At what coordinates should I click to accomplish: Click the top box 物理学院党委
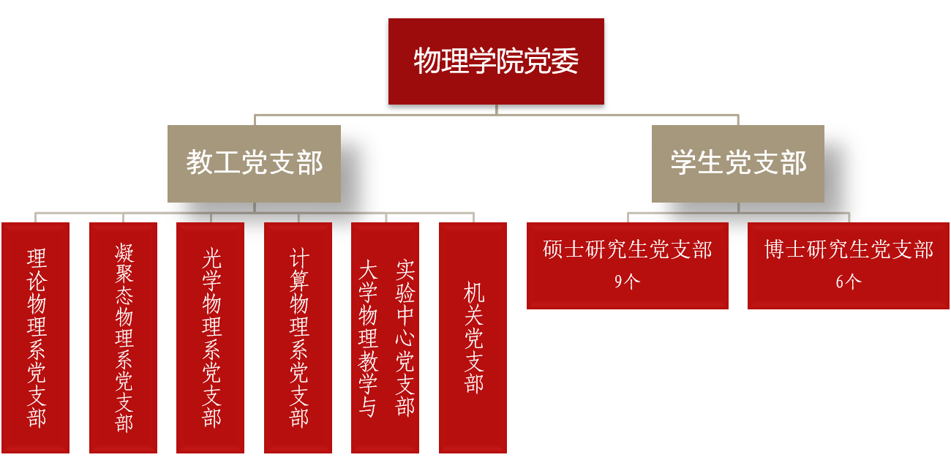click(x=496, y=61)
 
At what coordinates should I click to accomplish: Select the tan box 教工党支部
click(x=254, y=163)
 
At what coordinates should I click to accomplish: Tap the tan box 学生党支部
click(x=738, y=163)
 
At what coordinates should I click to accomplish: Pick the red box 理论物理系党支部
click(x=36, y=337)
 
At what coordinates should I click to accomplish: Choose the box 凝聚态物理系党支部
click(x=124, y=337)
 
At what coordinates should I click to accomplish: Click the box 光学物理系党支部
click(x=211, y=337)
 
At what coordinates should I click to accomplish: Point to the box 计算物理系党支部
click(x=298, y=337)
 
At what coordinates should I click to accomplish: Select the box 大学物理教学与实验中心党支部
click(x=386, y=337)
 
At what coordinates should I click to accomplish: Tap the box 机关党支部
click(x=473, y=337)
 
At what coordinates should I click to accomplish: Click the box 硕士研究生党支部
click(x=628, y=265)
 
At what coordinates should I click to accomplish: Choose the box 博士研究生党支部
click(x=849, y=265)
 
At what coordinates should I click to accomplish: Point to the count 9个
click(x=627, y=282)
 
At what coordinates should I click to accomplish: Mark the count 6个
click(x=849, y=282)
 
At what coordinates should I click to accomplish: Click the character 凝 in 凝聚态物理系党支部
click(x=124, y=254)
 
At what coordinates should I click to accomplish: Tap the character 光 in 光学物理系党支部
click(x=211, y=258)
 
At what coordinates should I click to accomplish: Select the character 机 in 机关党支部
click(x=474, y=293)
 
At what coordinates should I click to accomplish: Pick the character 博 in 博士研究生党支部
click(x=775, y=250)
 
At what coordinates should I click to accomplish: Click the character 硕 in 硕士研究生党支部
click(x=553, y=250)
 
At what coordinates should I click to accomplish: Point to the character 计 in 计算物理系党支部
click(x=299, y=258)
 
